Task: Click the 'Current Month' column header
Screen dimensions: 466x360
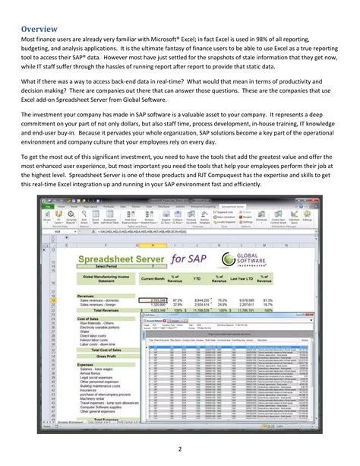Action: pos(152,279)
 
